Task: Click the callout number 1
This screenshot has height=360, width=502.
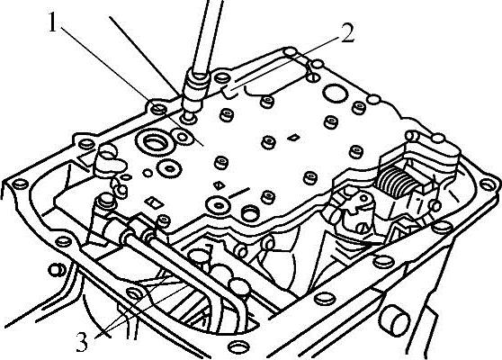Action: pyautogui.click(x=53, y=22)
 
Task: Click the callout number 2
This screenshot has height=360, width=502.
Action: pyautogui.click(x=347, y=33)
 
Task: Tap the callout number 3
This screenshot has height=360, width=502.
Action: pyautogui.click(x=82, y=342)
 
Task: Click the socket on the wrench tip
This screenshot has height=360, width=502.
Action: pyautogui.click(x=195, y=93)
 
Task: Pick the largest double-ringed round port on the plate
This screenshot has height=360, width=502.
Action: pyautogui.click(x=155, y=141)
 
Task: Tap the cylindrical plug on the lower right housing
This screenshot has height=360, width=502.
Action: pyautogui.click(x=394, y=320)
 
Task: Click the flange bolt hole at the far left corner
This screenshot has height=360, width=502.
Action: pyautogui.click(x=20, y=184)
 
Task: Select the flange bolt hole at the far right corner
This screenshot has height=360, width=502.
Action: pyautogui.click(x=487, y=184)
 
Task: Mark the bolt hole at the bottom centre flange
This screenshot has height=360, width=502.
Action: pyautogui.click(x=238, y=347)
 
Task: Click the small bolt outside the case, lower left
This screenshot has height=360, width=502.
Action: pyautogui.click(x=57, y=270)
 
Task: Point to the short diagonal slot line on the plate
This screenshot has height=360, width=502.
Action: pyautogui.click(x=238, y=192)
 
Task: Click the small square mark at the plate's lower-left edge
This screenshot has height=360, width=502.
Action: pyautogui.click(x=154, y=202)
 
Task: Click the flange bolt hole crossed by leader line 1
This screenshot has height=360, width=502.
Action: pyautogui.click(x=157, y=109)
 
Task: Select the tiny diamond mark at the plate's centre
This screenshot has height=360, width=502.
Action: pyautogui.click(x=293, y=138)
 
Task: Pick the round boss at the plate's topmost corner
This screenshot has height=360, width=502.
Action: pyautogui.click(x=290, y=51)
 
